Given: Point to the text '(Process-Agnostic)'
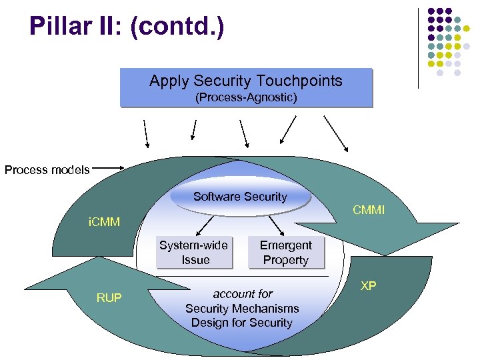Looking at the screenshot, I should [245, 98].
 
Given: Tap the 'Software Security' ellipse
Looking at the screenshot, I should [240, 197].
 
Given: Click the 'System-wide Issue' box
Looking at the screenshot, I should [195, 253].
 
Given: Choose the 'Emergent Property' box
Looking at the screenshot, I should [285, 253].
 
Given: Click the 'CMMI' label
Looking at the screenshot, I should [369, 211].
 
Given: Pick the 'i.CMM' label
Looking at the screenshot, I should [105, 221].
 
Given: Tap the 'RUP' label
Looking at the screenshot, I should [109, 298].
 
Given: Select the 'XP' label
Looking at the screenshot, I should [368, 286].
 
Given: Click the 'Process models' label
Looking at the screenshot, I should [47, 170].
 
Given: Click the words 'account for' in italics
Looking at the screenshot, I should [243, 293].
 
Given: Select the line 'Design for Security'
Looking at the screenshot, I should [241, 323].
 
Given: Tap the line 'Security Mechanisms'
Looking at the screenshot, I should [241, 308].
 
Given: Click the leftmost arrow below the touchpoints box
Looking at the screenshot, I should [145, 133].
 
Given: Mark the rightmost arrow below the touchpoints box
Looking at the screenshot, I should [336, 133].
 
